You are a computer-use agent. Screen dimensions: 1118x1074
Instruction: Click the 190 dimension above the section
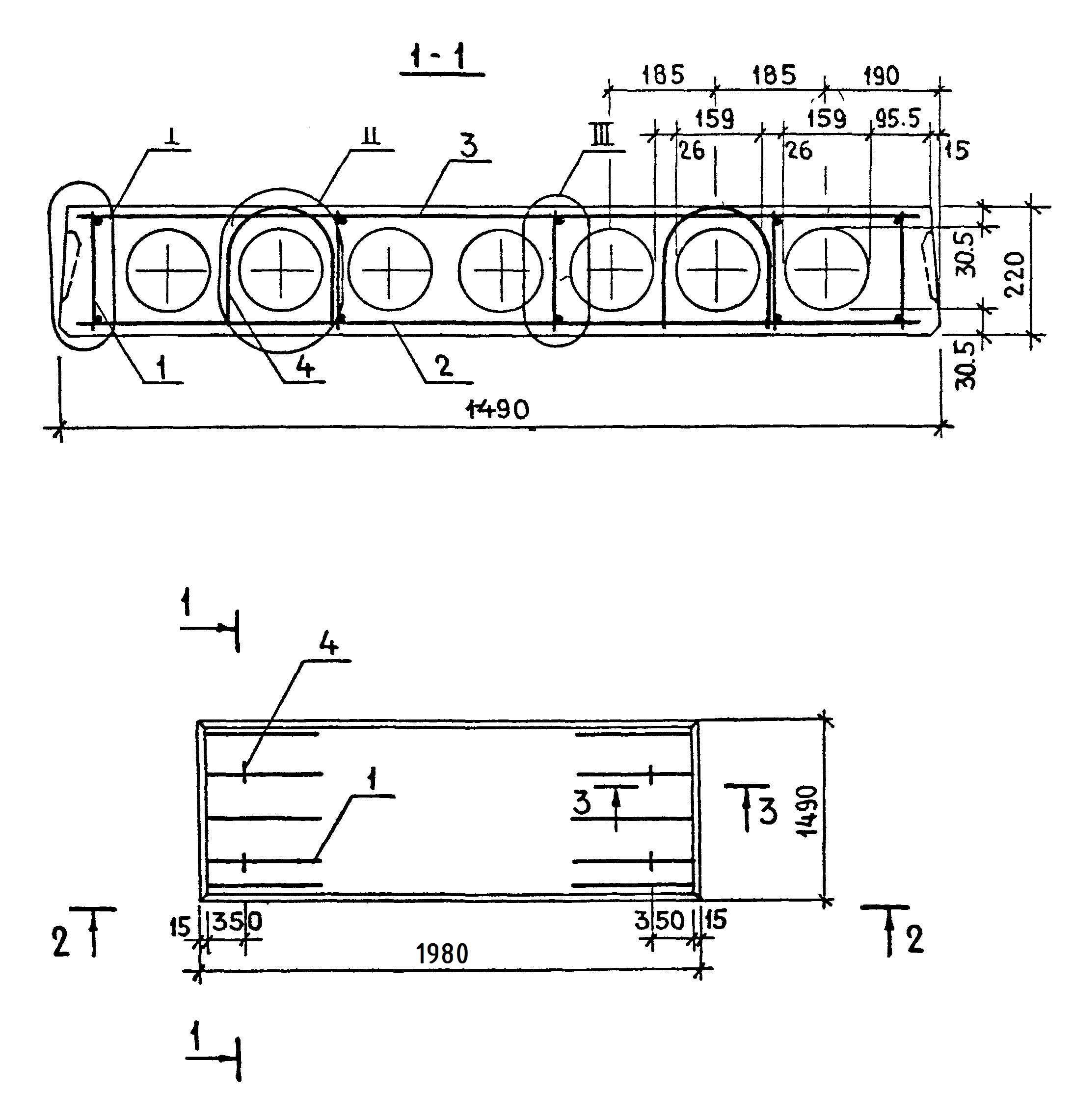(881, 76)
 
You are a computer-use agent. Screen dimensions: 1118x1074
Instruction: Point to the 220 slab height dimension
(1015, 273)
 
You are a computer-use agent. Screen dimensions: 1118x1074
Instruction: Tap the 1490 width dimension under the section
(497, 409)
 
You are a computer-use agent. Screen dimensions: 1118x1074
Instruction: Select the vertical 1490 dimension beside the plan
(808, 811)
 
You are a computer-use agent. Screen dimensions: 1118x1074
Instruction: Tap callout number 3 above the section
(468, 147)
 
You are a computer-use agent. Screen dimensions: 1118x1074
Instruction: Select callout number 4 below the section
(305, 367)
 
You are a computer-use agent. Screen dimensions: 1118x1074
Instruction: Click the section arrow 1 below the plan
(196, 1039)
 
